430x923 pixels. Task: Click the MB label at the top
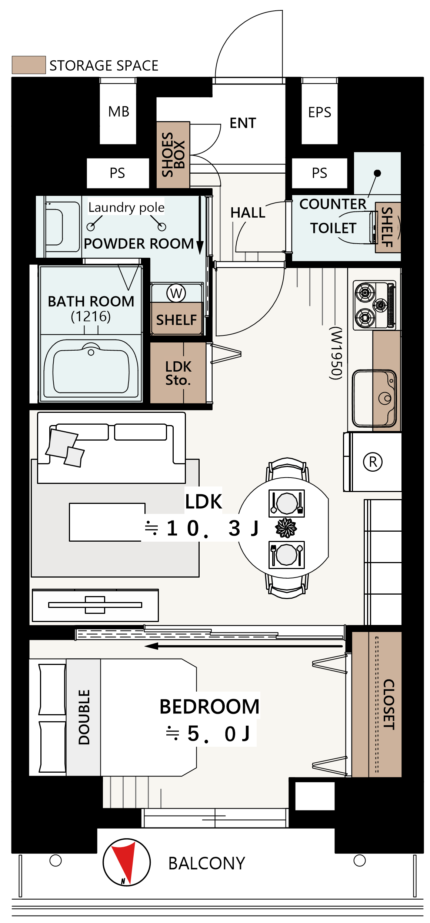(119, 111)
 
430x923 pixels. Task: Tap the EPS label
(319, 112)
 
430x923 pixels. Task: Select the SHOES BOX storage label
(173, 154)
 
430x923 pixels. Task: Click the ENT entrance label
(243, 123)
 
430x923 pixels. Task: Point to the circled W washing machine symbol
(176, 293)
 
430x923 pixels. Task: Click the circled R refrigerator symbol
(373, 462)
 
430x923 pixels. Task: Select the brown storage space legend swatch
(29, 65)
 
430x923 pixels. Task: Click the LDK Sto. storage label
(178, 373)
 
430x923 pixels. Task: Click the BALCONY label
(207, 863)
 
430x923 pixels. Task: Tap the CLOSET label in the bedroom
(389, 704)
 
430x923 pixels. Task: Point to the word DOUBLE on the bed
(84, 717)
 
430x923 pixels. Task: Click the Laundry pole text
(126, 207)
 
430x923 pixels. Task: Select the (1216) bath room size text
(91, 317)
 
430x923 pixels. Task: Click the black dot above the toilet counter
(377, 173)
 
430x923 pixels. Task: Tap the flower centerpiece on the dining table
(286, 528)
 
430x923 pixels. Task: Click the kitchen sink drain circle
(385, 398)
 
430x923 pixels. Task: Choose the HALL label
(248, 213)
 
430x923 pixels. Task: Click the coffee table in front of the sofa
(107, 522)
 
